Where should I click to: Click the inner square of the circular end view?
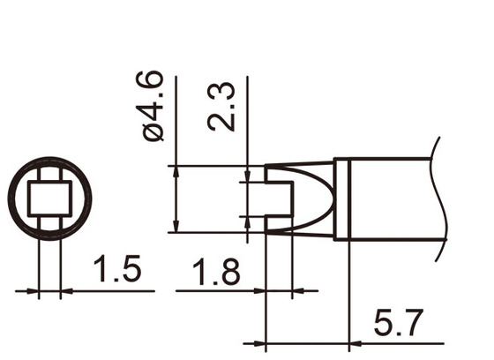[x=49, y=199]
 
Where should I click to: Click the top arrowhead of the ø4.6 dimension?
[x=177, y=169]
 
